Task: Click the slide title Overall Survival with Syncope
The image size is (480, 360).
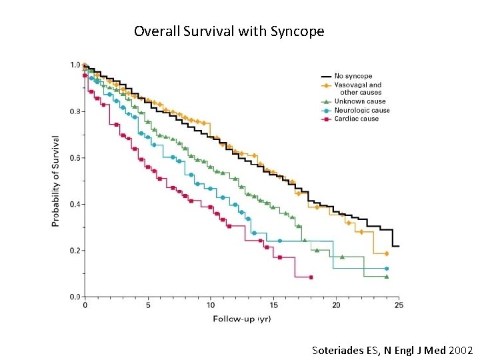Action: coord(229,31)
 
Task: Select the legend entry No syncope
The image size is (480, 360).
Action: coord(353,76)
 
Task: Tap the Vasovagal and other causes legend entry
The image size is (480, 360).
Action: coord(358,88)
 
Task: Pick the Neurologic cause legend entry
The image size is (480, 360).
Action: coord(362,110)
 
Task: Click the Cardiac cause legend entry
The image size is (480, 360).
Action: coord(356,119)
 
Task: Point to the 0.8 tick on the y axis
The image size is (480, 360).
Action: coord(75,111)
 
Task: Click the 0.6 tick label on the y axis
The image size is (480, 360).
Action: coord(75,158)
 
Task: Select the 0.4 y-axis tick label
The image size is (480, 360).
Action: coord(75,204)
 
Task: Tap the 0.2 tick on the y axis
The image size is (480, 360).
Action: coord(75,251)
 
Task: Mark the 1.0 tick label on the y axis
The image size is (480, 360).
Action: coord(75,65)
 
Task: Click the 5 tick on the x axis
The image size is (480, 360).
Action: coord(148,305)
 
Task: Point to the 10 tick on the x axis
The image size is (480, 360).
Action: coord(211,305)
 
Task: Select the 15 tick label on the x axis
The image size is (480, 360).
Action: coord(273,305)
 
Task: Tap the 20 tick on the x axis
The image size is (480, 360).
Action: coord(336,305)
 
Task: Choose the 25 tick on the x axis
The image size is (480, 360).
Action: coord(399,305)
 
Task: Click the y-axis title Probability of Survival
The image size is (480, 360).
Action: coord(55,181)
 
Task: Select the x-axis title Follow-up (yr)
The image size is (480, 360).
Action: coord(241,319)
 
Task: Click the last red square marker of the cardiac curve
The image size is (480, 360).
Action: coord(311,277)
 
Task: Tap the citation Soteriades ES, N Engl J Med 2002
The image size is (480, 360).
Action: coord(392,350)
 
